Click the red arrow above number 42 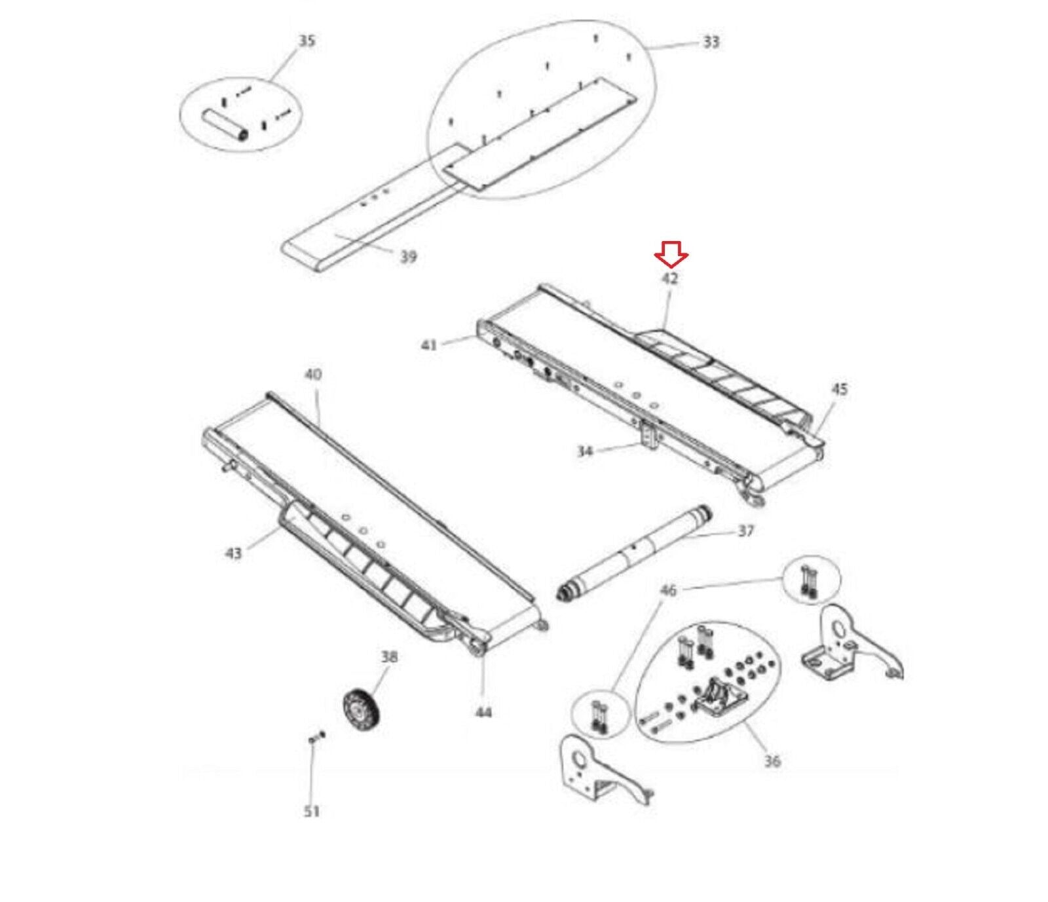pyautogui.click(x=671, y=254)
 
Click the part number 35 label pyautogui.click(x=307, y=41)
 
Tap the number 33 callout pyautogui.click(x=711, y=42)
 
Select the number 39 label pyautogui.click(x=408, y=256)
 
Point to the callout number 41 pyautogui.click(x=429, y=344)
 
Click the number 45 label pyautogui.click(x=839, y=389)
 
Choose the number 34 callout pyautogui.click(x=585, y=451)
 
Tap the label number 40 pyautogui.click(x=313, y=374)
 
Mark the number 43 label pyautogui.click(x=233, y=554)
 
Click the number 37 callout pyautogui.click(x=746, y=531)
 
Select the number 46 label pyautogui.click(x=667, y=590)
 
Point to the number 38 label pyautogui.click(x=389, y=656)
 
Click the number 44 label pyautogui.click(x=483, y=712)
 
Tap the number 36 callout pyautogui.click(x=772, y=761)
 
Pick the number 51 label pyautogui.click(x=312, y=811)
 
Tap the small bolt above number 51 pyautogui.click(x=315, y=738)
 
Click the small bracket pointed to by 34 pyautogui.click(x=648, y=435)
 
